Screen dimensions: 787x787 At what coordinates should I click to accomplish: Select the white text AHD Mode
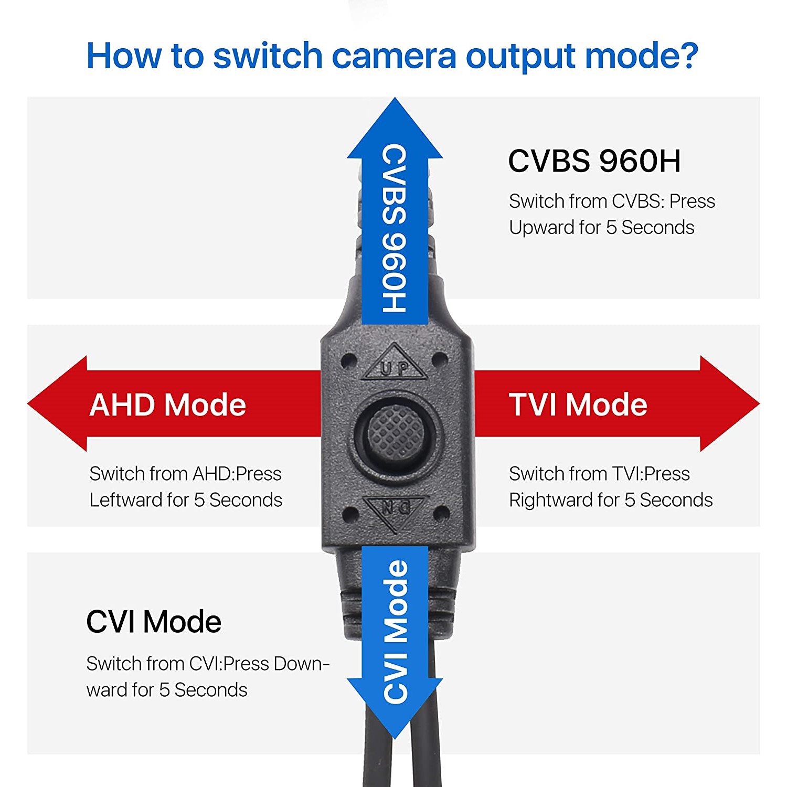167,405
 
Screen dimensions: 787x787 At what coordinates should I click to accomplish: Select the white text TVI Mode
578,405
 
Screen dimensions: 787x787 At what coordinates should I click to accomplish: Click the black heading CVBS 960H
594,161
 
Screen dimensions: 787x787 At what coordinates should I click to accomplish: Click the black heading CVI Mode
153,622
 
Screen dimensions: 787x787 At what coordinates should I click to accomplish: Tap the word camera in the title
394,57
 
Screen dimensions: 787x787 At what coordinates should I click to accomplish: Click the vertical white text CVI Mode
396,632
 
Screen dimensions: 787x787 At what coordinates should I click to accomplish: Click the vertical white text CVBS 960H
395,228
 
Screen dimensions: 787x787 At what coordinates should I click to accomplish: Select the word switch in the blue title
267,56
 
